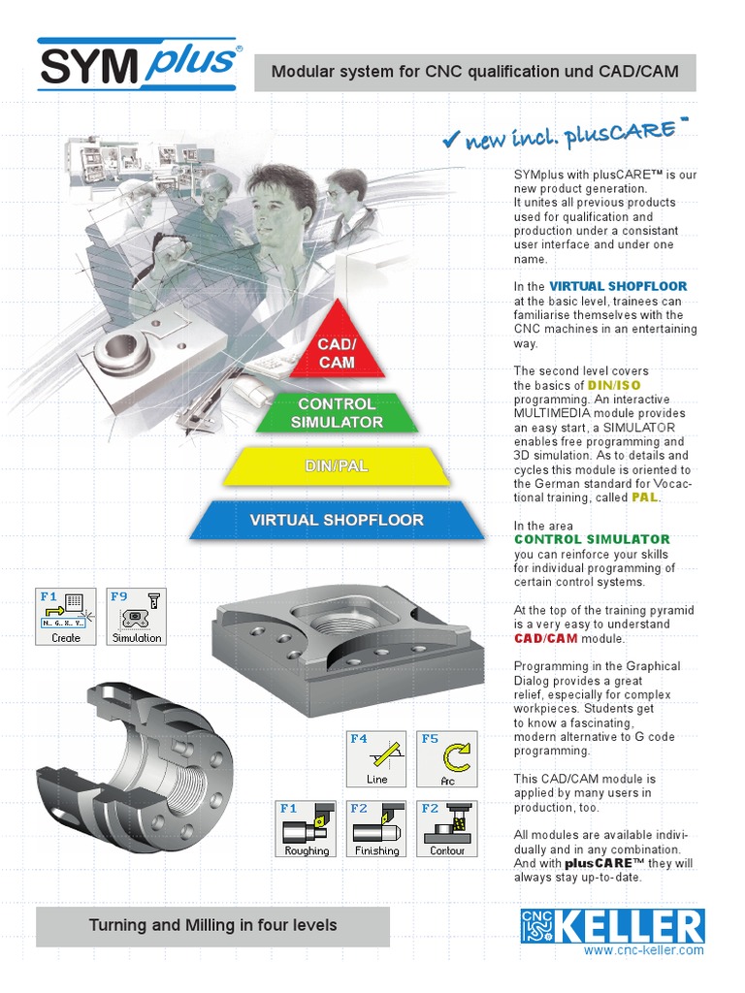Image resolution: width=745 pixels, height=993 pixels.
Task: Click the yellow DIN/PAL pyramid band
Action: pos(337,466)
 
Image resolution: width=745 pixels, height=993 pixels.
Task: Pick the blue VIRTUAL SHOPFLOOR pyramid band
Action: pos(337,520)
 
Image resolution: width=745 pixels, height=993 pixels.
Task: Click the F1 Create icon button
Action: pos(66,616)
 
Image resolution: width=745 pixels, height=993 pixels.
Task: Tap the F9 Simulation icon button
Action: pos(137,616)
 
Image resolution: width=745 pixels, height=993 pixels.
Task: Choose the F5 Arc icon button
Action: pos(447,758)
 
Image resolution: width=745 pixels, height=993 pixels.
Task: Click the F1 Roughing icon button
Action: pos(306,829)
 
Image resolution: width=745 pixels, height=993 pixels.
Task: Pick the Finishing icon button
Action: pos(376,829)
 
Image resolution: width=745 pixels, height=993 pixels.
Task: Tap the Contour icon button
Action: pos(447,829)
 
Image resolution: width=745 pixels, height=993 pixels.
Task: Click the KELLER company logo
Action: pos(610,927)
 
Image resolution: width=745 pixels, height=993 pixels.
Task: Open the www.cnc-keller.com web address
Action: pos(644,951)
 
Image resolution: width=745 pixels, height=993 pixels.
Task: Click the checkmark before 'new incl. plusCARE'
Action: pos(450,142)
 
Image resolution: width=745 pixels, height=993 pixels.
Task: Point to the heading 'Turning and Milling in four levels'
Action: pos(213,926)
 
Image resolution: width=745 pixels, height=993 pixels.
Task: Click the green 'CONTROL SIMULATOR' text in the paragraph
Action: pos(592,539)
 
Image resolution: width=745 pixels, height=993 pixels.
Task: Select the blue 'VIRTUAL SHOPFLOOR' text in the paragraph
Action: pos(618,287)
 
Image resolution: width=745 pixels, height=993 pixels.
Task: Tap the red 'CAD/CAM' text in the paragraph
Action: pos(542,639)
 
